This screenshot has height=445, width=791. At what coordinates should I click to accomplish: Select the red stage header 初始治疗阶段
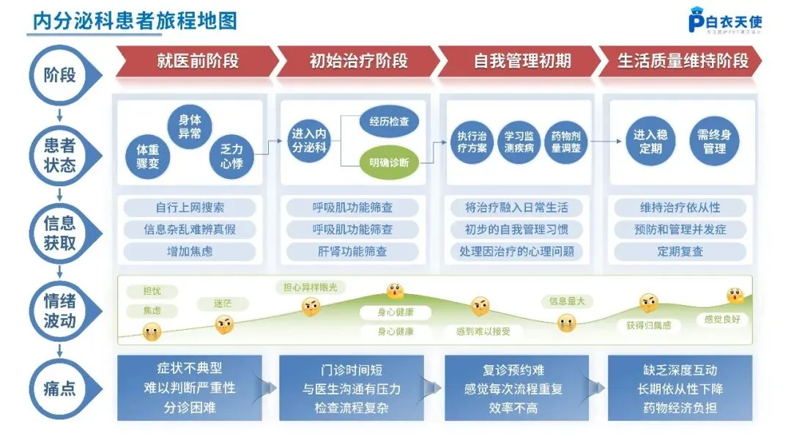(358, 61)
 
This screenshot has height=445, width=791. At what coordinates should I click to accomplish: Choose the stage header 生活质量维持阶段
(683, 61)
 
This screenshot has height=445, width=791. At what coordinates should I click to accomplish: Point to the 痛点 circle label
(59, 388)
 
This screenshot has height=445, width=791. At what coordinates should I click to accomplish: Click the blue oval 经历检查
(389, 122)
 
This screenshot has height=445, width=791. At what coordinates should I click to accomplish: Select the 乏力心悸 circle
(231, 155)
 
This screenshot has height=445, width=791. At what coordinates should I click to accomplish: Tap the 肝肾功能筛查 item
(352, 251)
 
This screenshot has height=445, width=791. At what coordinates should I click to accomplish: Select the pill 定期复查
(680, 251)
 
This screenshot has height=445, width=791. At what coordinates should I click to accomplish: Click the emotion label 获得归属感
(648, 325)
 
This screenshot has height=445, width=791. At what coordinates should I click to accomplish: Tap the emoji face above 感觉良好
(735, 296)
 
